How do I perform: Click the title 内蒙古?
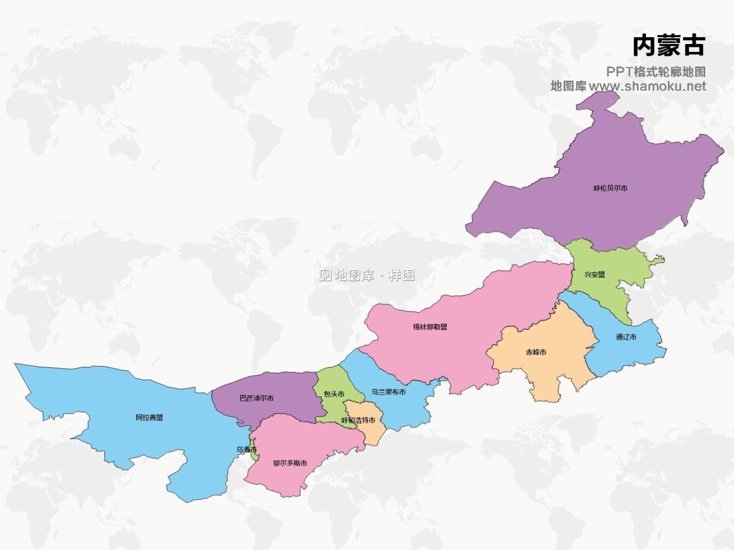coord(668,46)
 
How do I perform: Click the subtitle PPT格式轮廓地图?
coord(656,72)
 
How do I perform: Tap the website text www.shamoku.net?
coord(647,87)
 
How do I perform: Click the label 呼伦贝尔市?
coord(610,188)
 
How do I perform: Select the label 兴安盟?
coord(595,275)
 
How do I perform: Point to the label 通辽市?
coord(626,337)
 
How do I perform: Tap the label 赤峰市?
coord(536,352)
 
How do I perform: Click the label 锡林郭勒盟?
coord(430,327)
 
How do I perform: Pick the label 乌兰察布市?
coord(388,392)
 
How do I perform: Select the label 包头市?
coord(334,394)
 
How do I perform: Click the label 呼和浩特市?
coord(358,420)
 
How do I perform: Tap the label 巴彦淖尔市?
coord(256,398)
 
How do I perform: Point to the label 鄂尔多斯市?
coord(290,463)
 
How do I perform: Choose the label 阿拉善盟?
coord(149,418)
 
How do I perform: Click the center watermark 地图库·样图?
coord(367,275)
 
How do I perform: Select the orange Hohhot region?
coord(372,430)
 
